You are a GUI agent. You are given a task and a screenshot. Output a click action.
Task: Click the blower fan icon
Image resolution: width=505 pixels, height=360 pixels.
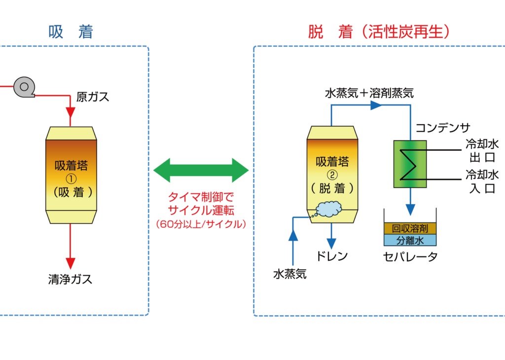(23, 87)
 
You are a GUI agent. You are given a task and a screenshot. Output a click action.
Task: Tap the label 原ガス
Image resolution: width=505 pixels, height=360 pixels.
(93, 97)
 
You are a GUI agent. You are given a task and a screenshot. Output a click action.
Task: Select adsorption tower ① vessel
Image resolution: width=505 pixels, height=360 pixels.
(72, 175)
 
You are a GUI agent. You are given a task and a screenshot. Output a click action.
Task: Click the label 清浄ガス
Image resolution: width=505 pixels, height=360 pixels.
(70, 279)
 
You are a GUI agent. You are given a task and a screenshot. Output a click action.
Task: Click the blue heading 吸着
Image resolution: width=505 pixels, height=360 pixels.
(71, 33)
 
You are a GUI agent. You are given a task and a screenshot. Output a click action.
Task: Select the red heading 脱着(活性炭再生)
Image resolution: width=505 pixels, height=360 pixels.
(378, 33)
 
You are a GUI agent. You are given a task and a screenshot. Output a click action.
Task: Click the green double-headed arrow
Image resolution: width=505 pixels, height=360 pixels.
(201, 170)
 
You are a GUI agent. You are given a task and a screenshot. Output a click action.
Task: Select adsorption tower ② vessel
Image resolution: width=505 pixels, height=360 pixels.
(332, 175)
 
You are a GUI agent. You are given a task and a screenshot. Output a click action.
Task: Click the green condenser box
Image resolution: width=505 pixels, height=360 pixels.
(410, 164)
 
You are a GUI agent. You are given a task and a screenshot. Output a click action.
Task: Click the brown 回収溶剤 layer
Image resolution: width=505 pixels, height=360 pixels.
(410, 229)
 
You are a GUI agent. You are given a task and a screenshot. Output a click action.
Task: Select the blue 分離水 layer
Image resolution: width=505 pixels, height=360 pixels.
(410, 241)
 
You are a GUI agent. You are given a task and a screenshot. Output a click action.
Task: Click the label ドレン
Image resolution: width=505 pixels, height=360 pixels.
(332, 256)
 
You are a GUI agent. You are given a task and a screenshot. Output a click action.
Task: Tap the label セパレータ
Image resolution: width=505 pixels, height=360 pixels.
(410, 256)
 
